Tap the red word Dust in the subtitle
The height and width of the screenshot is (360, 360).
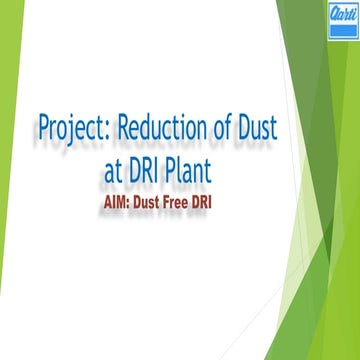pos(165,200)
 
